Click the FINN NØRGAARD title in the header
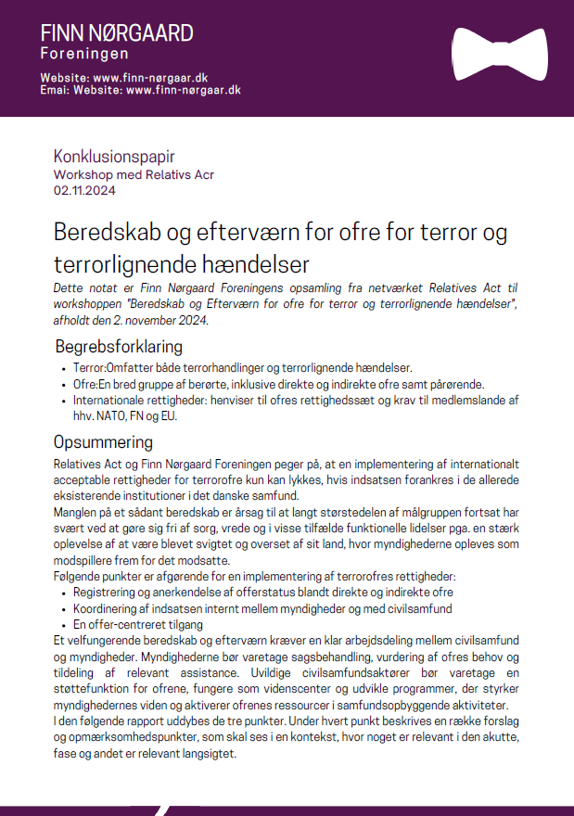(x=117, y=33)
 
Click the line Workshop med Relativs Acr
(x=134, y=174)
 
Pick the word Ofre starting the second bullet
(x=84, y=384)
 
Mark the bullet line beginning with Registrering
(x=262, y=591)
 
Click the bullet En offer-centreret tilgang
(x=138, y=624)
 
